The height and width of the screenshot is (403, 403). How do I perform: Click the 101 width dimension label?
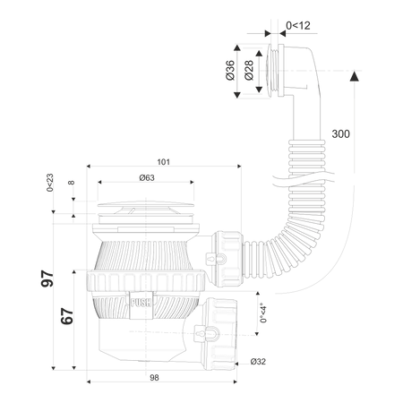coord(164,162)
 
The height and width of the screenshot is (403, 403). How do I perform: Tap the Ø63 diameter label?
coord(147,178)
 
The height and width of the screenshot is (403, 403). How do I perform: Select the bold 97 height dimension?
coord(47,279)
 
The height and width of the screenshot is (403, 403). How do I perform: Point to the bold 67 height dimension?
coord(67,316)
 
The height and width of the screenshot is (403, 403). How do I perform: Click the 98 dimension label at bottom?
coord(154,378)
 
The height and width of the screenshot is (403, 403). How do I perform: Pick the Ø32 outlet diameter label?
coord(258,362)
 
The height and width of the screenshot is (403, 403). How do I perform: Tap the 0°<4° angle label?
coord(263,314)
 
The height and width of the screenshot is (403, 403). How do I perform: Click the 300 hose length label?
coord(340,134)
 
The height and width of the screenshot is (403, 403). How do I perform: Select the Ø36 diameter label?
coord(230,71)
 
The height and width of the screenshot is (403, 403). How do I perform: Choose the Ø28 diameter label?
coord(249,71)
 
